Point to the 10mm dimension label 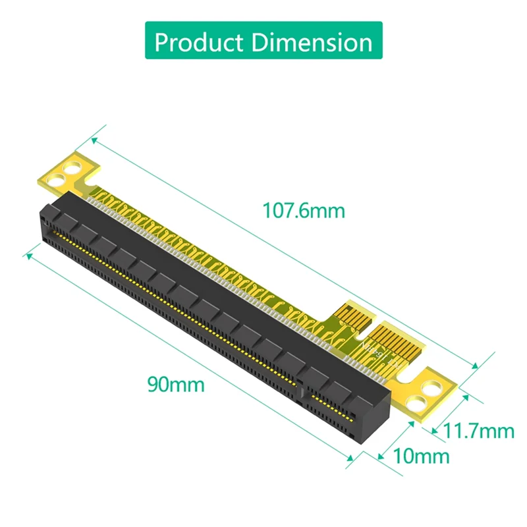pyautogui.click(x=421, y=455)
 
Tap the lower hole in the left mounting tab pyautogui.click(x=61, y=177)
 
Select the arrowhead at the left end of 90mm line pyautogui.click(x=28, y=253)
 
